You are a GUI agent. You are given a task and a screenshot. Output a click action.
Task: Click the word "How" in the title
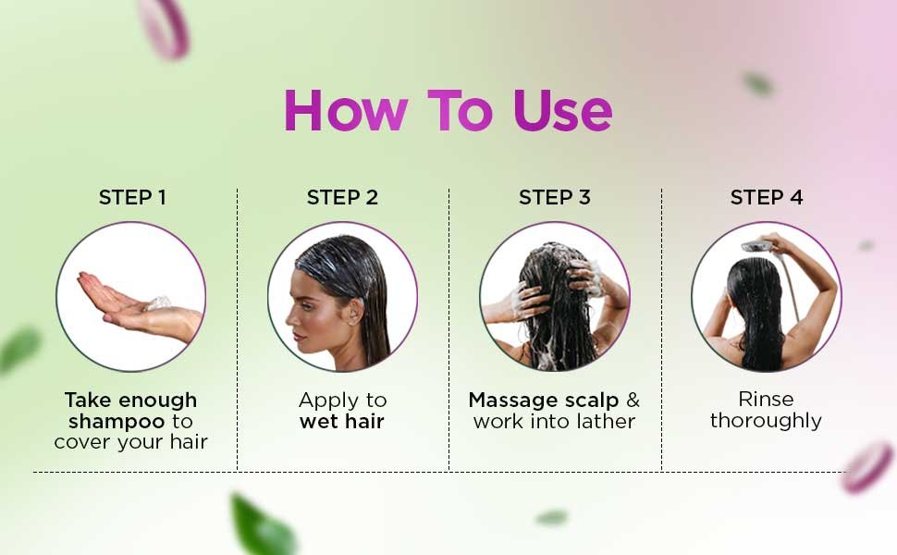[x=346, y=110]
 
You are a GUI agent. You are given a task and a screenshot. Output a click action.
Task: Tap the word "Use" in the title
[x=562, y=110]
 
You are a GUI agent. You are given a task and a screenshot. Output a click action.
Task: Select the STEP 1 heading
[x=132, y=197]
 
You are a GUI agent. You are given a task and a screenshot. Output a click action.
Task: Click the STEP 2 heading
[x=342, y=197]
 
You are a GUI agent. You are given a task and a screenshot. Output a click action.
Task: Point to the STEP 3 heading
[x=554, y=197]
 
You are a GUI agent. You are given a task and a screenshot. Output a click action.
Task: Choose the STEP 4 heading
[x=767, y=197]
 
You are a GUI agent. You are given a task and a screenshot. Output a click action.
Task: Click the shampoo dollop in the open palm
[x=158, y=303]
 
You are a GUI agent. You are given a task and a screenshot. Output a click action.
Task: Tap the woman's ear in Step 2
[x=355, y=311]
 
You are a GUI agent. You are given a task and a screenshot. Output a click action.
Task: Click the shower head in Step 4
[x=758, y=247]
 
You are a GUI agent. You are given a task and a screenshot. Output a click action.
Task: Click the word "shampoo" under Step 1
[x=117, y=422]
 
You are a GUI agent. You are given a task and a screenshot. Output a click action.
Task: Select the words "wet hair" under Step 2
[x=341, y=422]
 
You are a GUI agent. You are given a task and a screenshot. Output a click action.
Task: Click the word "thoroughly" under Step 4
[x=766, y=421]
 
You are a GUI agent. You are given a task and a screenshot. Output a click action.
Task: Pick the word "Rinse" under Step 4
[x=766, y=399]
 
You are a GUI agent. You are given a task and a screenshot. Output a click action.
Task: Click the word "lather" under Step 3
[x=606, y=422]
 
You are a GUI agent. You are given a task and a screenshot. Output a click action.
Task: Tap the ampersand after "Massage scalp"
[x=633, y=400]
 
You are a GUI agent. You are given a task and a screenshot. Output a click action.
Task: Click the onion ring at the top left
[x=164, y=28]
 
